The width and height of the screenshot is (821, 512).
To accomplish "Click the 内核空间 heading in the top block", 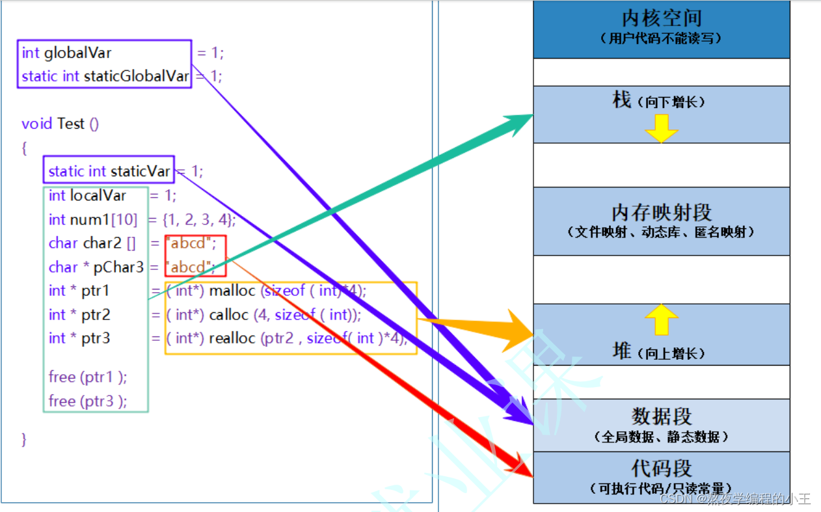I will [x=662, y=18].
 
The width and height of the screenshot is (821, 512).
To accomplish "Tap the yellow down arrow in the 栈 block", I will [x=662, y=128].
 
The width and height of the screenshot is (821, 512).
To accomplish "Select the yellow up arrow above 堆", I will [x=662, y=319].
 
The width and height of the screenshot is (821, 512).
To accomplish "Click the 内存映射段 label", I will [x=662, y=212].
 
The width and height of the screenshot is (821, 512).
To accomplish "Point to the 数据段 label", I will [x=662, y=416].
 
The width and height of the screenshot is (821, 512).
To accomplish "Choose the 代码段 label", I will [x=662, y=468].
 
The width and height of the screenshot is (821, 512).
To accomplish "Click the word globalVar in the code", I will [x=78, y=53].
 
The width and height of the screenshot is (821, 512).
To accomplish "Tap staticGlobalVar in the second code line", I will [x=137, y=76].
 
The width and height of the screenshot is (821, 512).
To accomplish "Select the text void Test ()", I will [x=60, y=124].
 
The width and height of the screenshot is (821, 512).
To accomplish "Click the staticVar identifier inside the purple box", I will [x=141, y=171].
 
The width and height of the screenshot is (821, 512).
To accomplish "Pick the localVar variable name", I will [x=98, y=195].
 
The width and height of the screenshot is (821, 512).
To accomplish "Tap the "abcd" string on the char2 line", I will [x=193, y=243].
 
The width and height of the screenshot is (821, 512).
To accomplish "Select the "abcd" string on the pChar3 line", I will [x=193, y=267].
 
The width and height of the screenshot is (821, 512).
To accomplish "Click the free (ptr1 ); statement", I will [x=88, y=377].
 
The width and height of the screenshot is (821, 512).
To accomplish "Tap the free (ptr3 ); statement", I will [x=88, y=401].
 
